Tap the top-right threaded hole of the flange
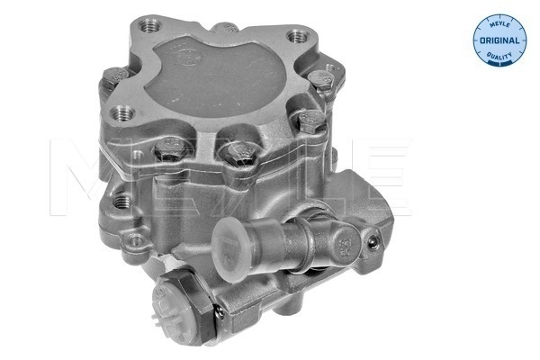tap(295, 38)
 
